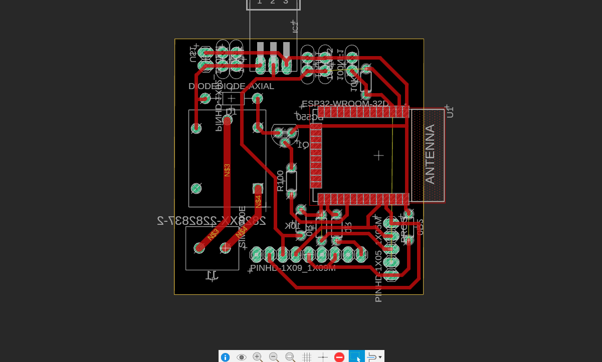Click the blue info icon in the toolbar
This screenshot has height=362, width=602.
click(226, 357)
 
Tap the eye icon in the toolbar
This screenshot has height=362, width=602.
click(242, 357)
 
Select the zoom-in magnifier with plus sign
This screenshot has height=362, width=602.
click(258, 357)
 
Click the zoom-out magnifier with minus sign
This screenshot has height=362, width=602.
click(274, 357)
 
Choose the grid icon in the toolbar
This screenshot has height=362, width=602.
click(307, 357)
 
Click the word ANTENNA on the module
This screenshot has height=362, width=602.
click(430, 154)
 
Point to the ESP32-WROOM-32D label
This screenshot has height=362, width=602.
click(345, 104)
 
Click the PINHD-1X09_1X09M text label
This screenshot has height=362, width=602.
click(293, 268)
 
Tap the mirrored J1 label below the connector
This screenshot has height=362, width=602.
click(212, 275)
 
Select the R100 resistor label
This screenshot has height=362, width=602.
click(280, 181)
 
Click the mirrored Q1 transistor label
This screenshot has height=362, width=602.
click(303, 145)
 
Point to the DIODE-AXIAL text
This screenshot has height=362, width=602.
click(251, 86)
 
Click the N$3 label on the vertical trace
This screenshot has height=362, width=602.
click(227, 170)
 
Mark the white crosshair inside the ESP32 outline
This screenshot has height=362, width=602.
click(379, 155)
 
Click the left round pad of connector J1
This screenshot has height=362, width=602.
click(199, 247)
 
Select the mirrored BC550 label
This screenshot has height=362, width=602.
click(309, 117)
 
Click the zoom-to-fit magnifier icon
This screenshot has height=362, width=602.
click(290, 357)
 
